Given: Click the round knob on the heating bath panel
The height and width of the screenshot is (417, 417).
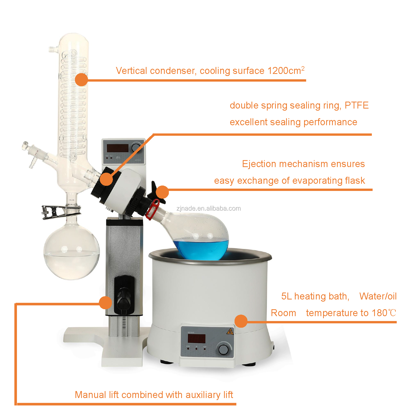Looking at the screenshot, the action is (x=223, y=349).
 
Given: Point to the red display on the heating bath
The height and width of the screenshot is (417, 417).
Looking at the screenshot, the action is (x=197, y=339).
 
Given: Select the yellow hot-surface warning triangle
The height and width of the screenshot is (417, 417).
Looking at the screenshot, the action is (x=230, y=332).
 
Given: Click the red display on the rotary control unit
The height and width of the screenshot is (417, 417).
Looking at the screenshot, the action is (x=118, y=148).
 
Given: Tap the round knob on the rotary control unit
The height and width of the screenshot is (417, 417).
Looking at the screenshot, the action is (x=136, y=148).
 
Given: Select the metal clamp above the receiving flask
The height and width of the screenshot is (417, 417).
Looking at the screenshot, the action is (x=61, y=211).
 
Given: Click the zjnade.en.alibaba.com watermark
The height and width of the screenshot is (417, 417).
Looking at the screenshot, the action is (x=209, y=208).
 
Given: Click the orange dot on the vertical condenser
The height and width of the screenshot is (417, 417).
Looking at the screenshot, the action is (x=82, y=80).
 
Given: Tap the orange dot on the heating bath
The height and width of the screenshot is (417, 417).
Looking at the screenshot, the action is (x=241, y=321).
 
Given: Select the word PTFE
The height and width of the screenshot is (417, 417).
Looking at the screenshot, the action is (x=356, y=105).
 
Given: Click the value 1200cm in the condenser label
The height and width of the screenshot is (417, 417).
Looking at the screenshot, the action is (x=284, y=71).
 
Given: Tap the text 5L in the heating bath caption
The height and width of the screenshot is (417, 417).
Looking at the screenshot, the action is (x=286, y=296).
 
